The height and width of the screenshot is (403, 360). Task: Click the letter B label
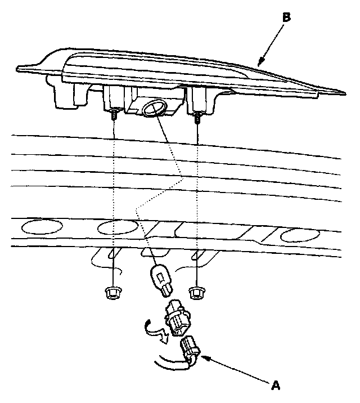[x=286, y=18]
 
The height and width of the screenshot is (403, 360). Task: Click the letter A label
[x=276, y=386]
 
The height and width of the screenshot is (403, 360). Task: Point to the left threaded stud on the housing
[x=114, y=115]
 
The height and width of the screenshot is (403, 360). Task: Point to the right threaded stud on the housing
[x=198, y=118]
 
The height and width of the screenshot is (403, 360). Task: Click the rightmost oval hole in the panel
[x=299, y=235]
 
